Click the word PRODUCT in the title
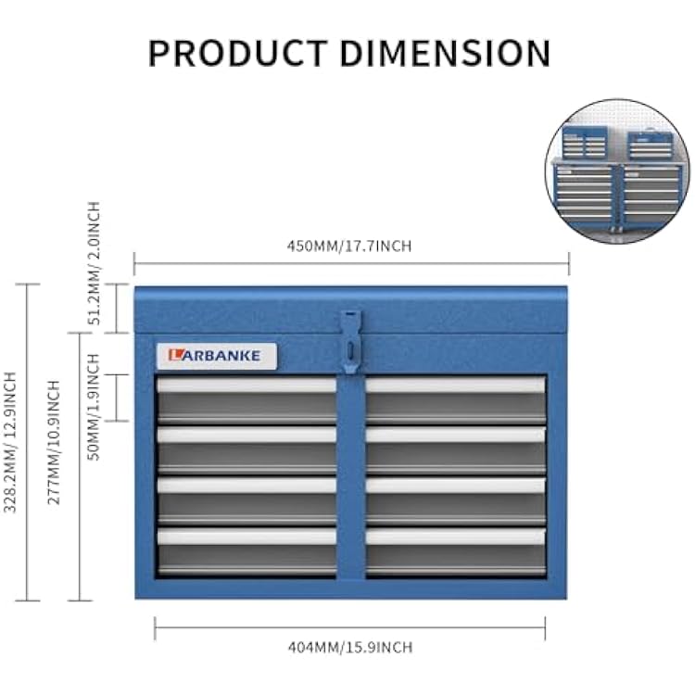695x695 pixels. (238, 53)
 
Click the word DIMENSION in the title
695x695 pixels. (445, 53)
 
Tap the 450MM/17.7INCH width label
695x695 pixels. (349, 246)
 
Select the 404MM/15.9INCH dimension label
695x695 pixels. (350, 647)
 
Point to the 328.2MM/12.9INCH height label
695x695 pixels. (10, 442)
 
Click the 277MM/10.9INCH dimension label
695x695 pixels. (53, 442)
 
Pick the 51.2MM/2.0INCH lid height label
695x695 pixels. (94, 263)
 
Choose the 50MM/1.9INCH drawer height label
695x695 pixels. (94, 407)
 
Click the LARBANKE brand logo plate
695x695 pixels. (217, 356)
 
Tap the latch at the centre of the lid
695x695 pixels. (351, 341)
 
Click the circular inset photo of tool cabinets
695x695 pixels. (617, 171)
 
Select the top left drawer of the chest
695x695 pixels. (246, 400)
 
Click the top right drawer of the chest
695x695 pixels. (456, 400)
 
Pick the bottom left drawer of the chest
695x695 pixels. (246, 551)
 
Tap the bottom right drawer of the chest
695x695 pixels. (456, 551)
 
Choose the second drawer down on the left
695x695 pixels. (246, 450)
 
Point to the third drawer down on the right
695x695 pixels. (456, 500)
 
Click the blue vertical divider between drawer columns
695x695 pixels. (351, 477)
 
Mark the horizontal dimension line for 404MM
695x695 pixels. (350, 628)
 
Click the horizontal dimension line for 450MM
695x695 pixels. (351, 264)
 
